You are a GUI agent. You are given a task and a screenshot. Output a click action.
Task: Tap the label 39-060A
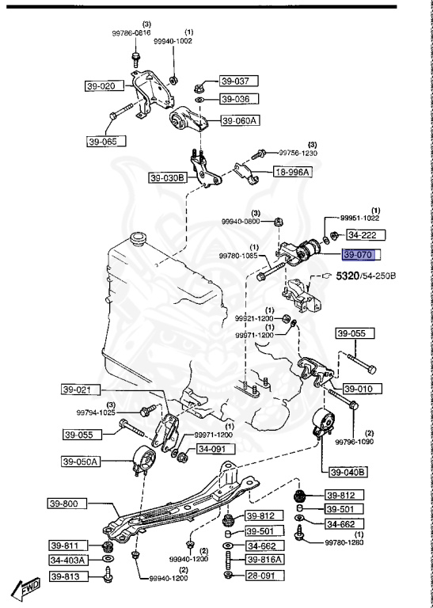click(239, 121)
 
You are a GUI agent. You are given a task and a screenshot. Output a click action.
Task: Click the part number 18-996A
click(293, 172)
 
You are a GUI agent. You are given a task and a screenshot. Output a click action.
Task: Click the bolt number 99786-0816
click(131, 33)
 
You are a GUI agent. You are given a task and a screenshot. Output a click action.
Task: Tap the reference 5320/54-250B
click(366, 276)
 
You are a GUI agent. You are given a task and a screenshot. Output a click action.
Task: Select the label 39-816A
click(265, 560)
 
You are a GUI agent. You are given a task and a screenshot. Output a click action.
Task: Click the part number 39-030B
click(168, 178)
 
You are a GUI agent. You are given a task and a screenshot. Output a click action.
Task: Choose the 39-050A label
click(81, 462)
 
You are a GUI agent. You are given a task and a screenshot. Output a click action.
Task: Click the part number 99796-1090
click(355, 442)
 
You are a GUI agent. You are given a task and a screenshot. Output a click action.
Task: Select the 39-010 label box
click(363, 389)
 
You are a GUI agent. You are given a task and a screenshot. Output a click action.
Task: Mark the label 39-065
click(106, 142)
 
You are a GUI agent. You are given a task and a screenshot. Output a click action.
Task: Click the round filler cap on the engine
click(138, 238)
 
